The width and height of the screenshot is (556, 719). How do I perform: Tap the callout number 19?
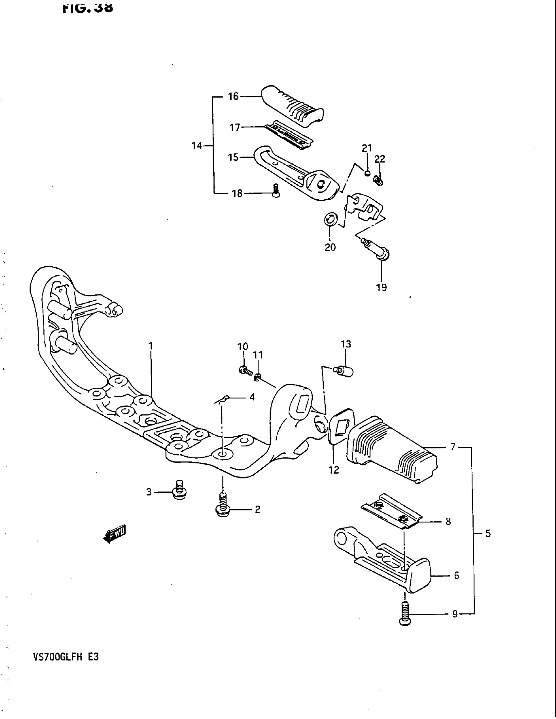point(381,288)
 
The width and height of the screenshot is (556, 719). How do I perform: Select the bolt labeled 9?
point(405,614)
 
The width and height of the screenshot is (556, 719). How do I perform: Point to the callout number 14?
point(197,145)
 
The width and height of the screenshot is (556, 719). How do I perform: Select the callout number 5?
point(488,533)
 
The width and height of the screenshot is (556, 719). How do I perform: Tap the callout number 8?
point(448,522)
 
